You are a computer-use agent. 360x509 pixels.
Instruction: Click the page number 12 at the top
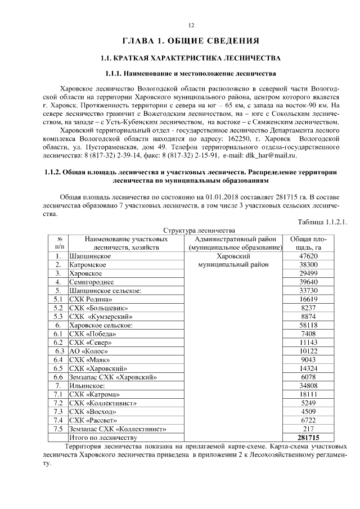tap(191, 25)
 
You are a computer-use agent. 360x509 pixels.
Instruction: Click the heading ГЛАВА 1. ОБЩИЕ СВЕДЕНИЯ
tap(191, 40)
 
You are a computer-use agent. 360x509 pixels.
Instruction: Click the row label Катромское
tap(88, 264)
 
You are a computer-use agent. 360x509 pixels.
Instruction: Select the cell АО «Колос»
tap(89, 351)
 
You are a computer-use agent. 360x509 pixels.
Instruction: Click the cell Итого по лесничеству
tap(102, 437)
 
